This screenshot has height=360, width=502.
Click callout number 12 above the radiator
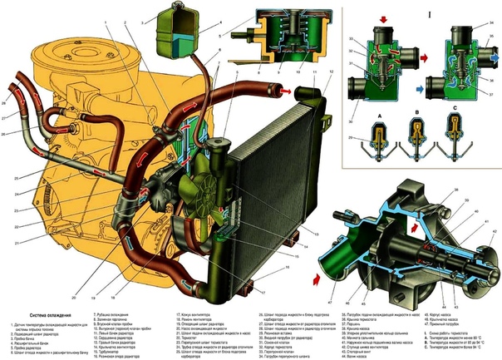pos(332,72)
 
